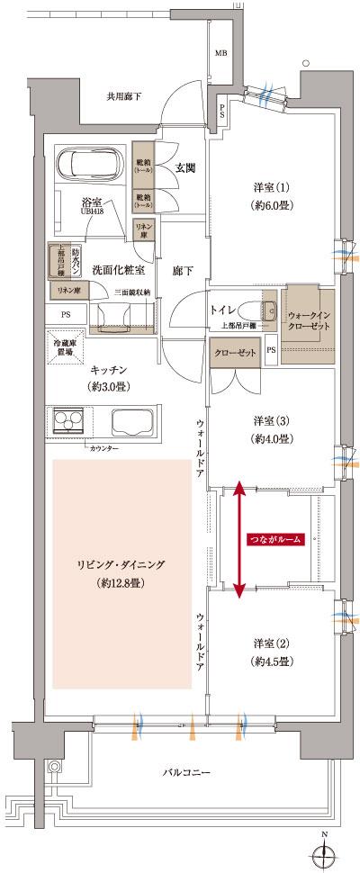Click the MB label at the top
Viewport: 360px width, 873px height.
(220, 54)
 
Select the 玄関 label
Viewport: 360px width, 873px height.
(185, 168)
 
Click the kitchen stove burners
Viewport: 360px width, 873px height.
(68, 421)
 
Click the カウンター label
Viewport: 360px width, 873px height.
(104, 447)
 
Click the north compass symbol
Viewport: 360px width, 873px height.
(324, 850)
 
